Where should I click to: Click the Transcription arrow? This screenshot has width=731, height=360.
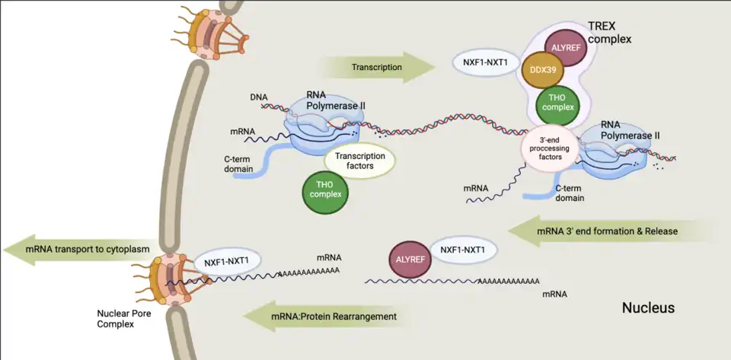(x=376, y=68)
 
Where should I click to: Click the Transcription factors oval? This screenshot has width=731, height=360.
(x=360, y=161)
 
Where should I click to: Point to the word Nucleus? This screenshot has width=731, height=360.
(x=649, y=308)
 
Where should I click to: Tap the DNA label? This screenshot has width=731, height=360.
(x=258, y=97)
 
